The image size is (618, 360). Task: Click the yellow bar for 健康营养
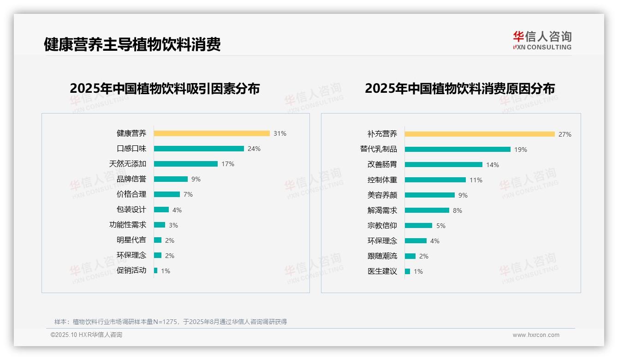tap(212, 133)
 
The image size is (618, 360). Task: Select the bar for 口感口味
tap(199, 149)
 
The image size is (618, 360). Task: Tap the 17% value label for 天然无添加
tap(228, 164)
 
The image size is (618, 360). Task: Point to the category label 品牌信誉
tap(131, 179)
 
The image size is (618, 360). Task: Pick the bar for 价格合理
tap(167, 194)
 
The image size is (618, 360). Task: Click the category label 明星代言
tap(131, 240)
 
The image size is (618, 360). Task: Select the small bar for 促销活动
tap(156, 270)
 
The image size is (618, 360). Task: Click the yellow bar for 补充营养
tap(480, 134)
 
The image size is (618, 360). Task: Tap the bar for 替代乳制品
tap(458, 150)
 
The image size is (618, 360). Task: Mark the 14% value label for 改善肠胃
tap(493, 165)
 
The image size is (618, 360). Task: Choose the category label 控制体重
tap(382, 180)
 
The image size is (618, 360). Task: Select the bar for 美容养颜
tap(430, 195)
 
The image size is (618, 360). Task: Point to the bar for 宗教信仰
tap(419, 226)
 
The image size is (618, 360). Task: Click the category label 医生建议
tap(382, 271)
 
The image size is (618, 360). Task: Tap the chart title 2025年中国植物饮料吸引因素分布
tap(165, 88)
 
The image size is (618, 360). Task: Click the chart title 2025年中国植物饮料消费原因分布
tap(460, 88)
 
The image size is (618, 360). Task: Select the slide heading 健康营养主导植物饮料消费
tap(132, 44)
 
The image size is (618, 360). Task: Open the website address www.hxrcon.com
tap(536, 335)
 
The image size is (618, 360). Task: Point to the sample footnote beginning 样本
tap(171, 322)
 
